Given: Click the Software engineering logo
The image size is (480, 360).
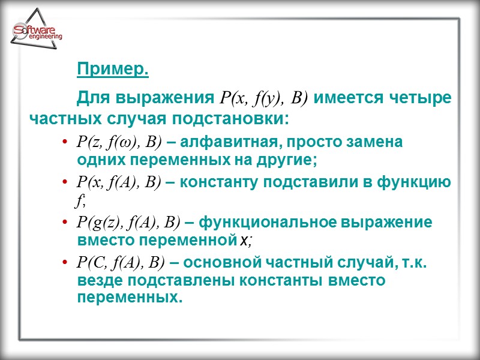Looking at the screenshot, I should [x=37, y=33].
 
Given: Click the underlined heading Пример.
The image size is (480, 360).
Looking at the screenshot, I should [x=113, y=70].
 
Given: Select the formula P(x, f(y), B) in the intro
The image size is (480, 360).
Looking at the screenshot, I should [x=265, y=98].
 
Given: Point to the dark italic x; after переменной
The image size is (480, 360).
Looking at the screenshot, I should [x=246, y=241].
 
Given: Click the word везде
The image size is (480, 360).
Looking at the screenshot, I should [x=98, y=280].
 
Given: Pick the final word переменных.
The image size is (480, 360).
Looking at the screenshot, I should [x=128, y=298].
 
